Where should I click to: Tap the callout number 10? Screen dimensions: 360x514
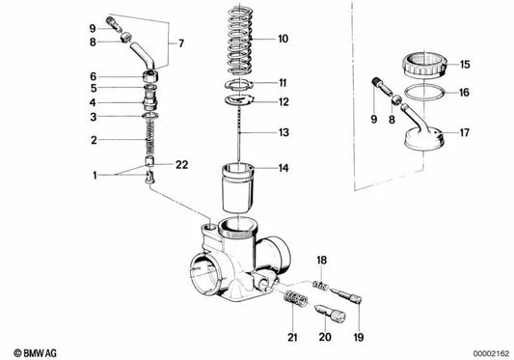click(x=284, y=40)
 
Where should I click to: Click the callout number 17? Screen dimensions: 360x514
click(x=464, y=133)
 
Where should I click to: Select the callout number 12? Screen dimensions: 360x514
click(x=283, y=101)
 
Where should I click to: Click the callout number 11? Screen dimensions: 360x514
click(x=283, y=83)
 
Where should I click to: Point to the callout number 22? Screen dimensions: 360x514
click(x=181, y=165)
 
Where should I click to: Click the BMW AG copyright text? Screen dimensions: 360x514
click(x=34, y=348)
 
